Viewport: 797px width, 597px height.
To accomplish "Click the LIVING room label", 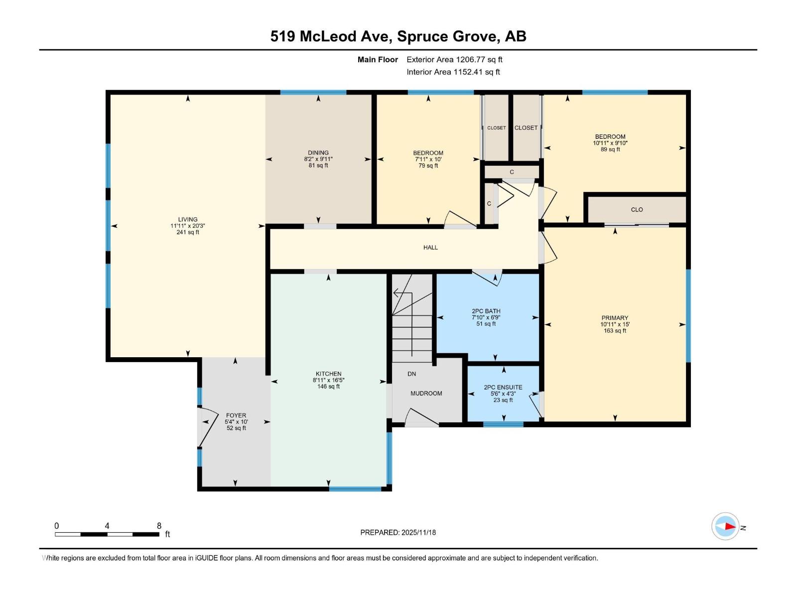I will [188, 219].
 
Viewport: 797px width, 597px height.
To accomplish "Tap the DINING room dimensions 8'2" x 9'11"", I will [318, 159].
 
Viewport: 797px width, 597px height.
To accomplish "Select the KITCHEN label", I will [328, 374].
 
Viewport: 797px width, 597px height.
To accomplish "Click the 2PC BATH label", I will [486, 311].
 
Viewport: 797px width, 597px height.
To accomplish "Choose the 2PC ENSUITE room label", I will [503, 388].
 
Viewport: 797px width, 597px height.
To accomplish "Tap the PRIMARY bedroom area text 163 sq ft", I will [615, 331].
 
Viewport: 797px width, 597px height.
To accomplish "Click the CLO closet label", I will [637, 210].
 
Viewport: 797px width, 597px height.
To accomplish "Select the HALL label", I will [430, 247].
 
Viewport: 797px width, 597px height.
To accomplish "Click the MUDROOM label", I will [426, 394].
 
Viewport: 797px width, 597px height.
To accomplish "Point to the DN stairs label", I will [411, 374].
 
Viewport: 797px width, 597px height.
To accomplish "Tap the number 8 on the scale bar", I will [159, 526].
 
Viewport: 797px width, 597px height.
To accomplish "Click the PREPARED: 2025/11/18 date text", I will [398, 532].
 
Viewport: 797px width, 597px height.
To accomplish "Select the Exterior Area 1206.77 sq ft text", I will [454, 60].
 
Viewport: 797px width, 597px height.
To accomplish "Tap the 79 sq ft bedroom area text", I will [428, 166].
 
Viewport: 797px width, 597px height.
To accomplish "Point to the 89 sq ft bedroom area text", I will [610, 149].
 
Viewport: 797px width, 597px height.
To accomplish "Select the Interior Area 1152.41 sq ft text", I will [453, 72].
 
